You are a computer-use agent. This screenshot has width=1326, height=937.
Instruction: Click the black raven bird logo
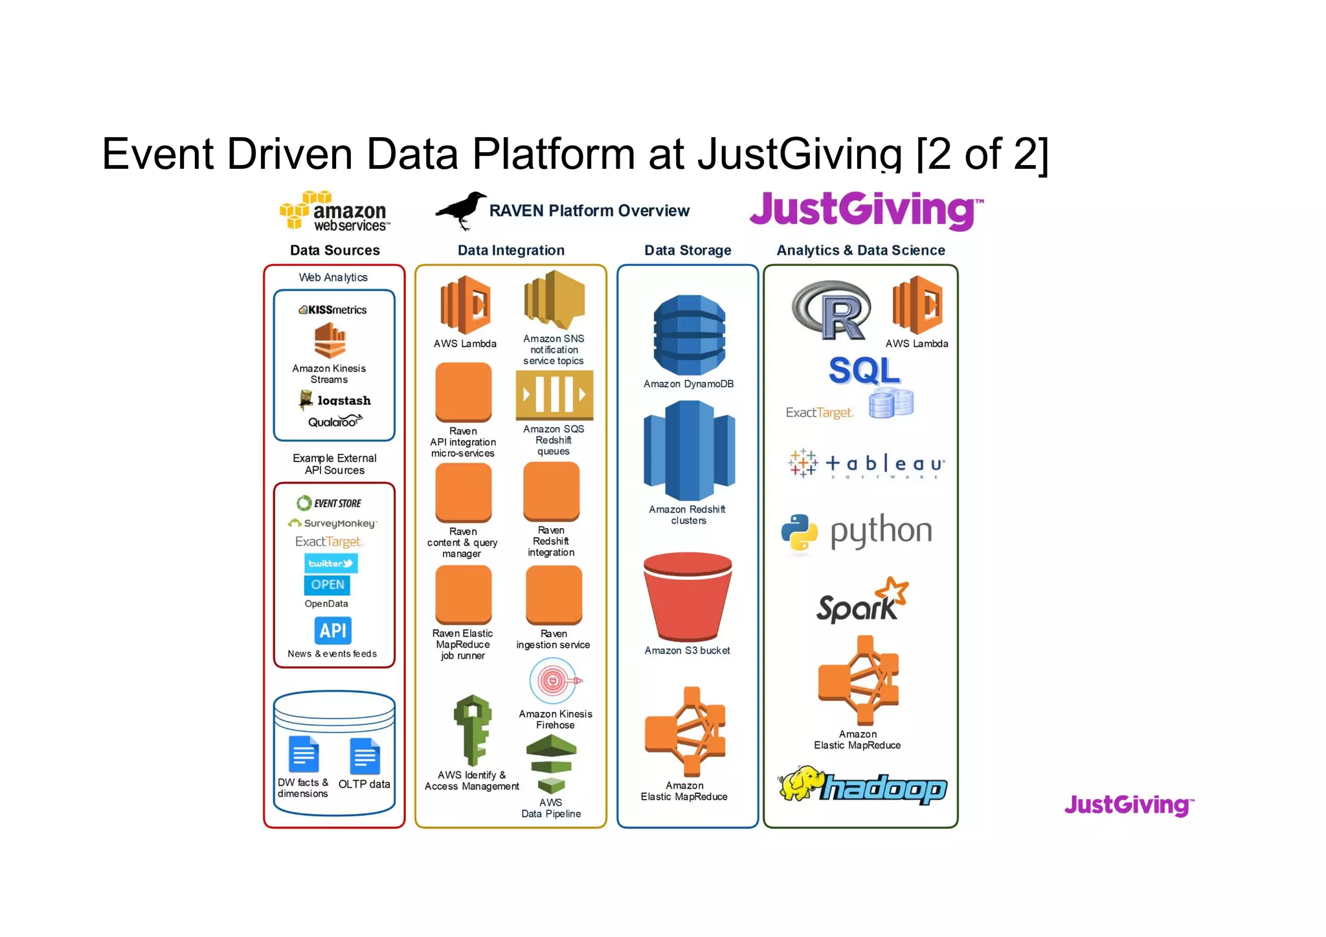click(x=461, y=210)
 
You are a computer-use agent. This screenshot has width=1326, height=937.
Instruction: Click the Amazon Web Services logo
click(x=335, y=211)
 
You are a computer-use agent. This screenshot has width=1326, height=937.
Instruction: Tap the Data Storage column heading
click(x=688, y=250)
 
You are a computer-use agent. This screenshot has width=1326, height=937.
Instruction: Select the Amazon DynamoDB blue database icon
click(x=689, y=335)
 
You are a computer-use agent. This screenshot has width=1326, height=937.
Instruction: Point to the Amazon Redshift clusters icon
click(x=689, y=450)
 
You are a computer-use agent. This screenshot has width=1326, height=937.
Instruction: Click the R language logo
click(x=832, y=311)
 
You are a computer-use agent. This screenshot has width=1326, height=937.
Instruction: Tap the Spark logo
click(x=862, y=601)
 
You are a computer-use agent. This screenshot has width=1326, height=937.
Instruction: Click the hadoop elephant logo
click(x=862, y=785)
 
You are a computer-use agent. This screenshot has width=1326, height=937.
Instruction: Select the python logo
click(x=857, y=532)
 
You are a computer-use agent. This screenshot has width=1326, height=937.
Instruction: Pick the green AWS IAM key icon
click(x=472, y=730)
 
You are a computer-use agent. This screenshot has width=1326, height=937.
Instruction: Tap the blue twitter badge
click(x=331, y=563)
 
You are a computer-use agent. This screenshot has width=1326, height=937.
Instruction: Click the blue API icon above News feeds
click(x=333, y=630)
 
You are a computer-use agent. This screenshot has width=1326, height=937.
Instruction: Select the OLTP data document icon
click(x=365, y=756)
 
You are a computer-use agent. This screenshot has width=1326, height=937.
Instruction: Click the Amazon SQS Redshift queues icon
click(x=554, y=394)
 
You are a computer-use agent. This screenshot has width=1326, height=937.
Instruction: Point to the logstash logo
click(x=335, y=400)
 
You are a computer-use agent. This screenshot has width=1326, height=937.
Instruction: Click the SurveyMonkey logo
click(x=331, y=523)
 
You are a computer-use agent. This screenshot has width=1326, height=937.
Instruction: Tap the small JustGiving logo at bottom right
click(x=1129, y=805)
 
